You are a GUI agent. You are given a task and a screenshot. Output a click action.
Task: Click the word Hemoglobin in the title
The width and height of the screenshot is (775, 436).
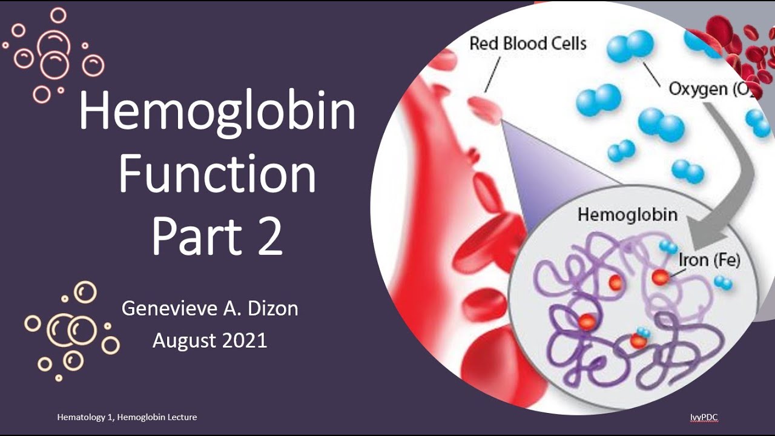pos(217,113)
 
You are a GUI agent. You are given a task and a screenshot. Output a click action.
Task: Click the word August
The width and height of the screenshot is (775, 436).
pos(182,340)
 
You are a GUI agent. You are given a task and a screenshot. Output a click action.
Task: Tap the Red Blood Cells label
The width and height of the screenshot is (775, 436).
pos(528,44)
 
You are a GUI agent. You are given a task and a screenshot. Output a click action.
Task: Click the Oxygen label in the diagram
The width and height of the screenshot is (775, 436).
pos(697,89)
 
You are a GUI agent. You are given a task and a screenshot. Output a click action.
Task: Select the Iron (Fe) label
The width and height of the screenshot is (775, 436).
pos(709,260)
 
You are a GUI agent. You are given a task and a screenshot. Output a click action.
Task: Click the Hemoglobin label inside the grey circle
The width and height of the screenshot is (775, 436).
pos(627,214)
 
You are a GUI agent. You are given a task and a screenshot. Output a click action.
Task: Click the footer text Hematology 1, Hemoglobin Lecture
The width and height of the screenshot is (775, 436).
pos(127,417)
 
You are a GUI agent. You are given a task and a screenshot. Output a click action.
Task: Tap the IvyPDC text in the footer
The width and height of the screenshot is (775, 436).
pos(704,417)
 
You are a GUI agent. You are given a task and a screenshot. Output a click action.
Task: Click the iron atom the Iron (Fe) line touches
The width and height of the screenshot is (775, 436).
pos(660,277)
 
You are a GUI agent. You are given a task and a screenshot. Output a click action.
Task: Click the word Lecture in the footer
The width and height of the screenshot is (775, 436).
pos(182,417)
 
